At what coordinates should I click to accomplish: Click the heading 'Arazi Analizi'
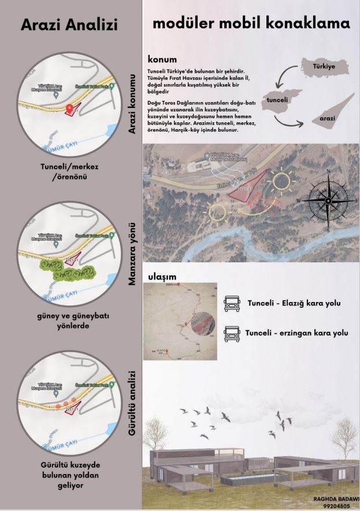click(x=69, y=25)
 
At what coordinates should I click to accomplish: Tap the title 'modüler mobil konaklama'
click(x=251, y=24)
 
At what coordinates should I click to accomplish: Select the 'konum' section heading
click(x=162, y=59)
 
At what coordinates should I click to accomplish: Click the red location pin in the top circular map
click(x=69, y=108)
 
